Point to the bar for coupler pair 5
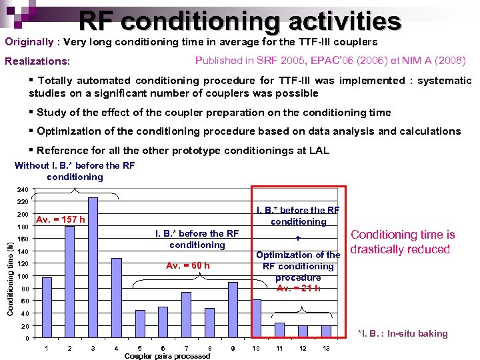140,324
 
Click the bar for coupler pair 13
326,331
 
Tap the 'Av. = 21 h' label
298,289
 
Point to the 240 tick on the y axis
22,189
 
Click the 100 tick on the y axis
22,277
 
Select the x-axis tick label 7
186,348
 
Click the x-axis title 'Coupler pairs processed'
167,356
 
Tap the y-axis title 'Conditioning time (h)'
10,270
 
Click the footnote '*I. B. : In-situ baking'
403,333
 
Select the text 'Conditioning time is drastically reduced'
402,242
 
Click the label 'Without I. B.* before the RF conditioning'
75,171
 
